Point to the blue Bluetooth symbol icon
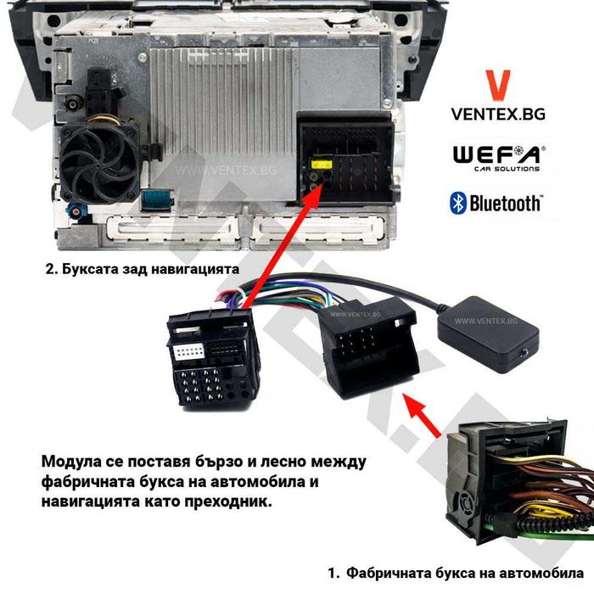pos(457,202)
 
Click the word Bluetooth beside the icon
pos(506,203)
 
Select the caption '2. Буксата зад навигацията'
pos(142,269)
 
